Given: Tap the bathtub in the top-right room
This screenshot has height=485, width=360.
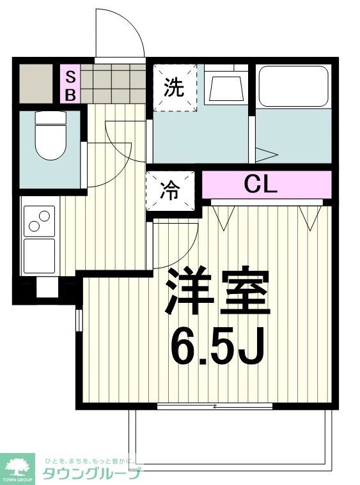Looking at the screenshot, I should pos(293,86).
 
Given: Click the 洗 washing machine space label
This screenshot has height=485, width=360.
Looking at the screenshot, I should pos(173,88).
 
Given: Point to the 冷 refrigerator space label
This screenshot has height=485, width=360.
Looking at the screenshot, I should pos(169,191).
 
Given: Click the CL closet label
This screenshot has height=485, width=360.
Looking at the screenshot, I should pos(260,185).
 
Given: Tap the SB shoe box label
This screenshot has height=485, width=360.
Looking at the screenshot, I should pos(70,86).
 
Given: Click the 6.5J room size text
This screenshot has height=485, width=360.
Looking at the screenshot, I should pos(217,346).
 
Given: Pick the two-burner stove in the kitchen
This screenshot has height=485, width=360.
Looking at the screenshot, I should pos(40,220).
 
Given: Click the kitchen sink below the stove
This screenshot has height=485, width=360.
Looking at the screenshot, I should pos(40,256).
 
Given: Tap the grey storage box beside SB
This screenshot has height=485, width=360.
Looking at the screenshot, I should pos(35,83).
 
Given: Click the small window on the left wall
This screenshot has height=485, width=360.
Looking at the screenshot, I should pos(79,319).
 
